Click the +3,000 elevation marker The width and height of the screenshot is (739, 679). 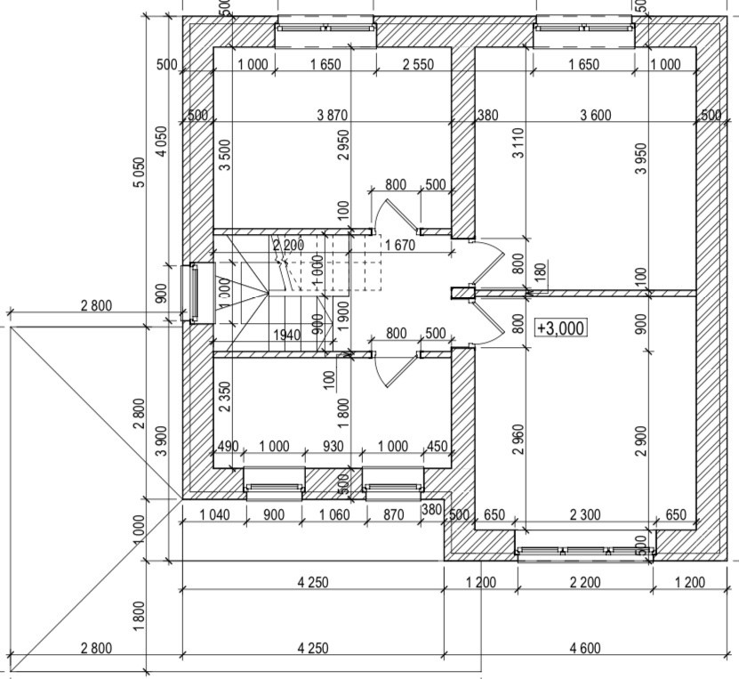[560, 328]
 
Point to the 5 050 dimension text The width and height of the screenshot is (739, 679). [138, 173]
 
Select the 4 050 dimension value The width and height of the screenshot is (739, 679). [160, 141]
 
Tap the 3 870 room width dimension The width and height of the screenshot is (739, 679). [332, 115]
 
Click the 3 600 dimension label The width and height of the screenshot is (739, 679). [595, 115]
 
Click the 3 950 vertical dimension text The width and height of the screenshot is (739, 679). [640, 158]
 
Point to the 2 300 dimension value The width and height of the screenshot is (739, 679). [585, 515]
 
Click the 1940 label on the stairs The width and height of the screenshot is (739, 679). [286, 335]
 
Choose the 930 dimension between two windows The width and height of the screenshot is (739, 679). [333, 447]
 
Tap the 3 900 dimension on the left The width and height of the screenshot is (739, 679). [160, 441]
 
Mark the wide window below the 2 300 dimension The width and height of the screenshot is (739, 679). [585, 552]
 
